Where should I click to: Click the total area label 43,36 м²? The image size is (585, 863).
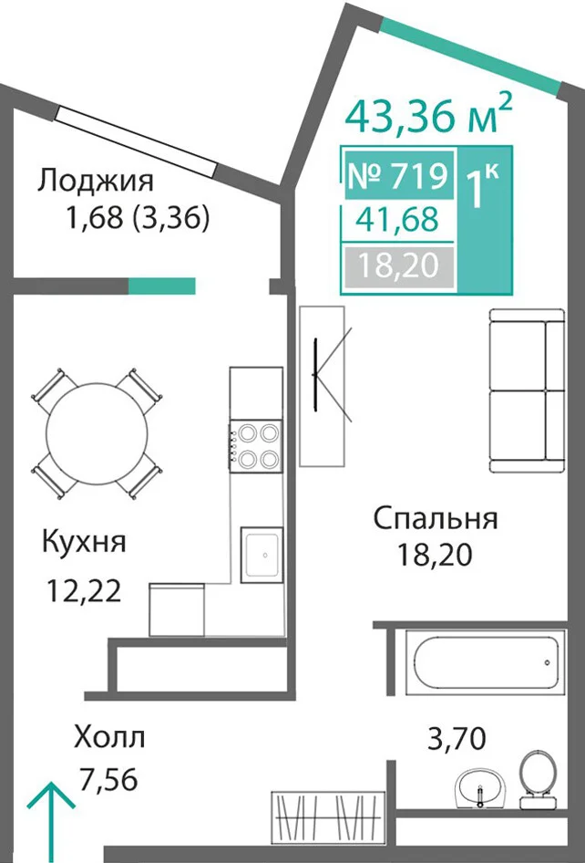point(428,114)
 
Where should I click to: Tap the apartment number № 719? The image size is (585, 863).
point(397,175)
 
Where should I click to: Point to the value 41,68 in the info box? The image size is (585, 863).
point(397,220)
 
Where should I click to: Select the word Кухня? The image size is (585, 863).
point(84,542)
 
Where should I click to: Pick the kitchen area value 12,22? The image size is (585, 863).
point(84,592)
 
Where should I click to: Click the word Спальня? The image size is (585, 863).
point(436,519)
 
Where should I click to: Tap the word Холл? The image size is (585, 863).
point(110,737)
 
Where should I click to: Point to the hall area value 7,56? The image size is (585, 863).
point(108,780)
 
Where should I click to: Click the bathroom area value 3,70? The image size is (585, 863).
point(457,739)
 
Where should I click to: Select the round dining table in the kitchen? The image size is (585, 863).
point(97,433)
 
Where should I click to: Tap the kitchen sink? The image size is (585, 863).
point(262,555)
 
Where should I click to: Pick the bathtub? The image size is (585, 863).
point(486,662)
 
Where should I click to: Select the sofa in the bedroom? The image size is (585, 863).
point(527,390)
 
